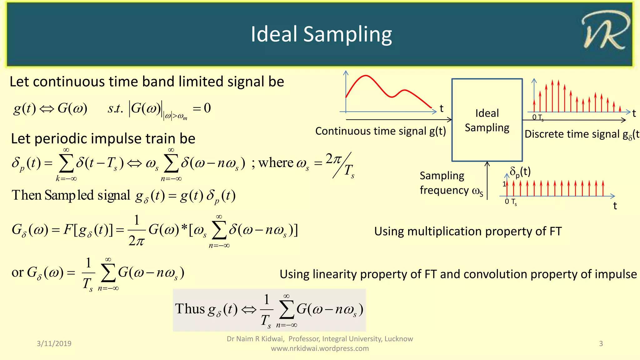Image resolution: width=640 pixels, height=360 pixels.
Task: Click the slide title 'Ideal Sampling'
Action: tap(321, 34)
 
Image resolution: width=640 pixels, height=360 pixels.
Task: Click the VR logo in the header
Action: tap(605, 31)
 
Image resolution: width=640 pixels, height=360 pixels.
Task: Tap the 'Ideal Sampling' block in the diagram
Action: tap(487, 120)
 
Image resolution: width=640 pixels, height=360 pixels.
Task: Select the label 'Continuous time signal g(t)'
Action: tap(380, 131)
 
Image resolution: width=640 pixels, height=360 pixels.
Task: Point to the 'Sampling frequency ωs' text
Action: tap(450, 183)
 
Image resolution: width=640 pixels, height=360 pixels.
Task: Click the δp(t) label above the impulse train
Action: tap(520, 172)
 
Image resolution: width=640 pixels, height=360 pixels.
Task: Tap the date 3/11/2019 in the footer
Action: tap(54, 343)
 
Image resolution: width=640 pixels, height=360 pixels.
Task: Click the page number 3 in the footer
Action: tap(601, 343)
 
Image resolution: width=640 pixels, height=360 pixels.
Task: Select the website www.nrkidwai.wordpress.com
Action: tap(320, 348)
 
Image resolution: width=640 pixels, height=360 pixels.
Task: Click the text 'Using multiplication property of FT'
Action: tap(468, 232)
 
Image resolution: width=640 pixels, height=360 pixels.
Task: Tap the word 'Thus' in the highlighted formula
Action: tap(190, 309)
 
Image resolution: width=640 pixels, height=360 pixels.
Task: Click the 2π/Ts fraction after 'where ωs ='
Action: tap(341, 165)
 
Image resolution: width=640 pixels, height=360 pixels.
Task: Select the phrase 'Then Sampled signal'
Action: tap(71, 195)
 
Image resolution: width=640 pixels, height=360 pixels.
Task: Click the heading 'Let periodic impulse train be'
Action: tap(103, 138)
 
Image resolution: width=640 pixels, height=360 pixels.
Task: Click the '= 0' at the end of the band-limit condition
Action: tap(202, 108)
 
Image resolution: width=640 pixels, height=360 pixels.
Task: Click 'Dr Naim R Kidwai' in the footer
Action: tap(255, 339)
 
